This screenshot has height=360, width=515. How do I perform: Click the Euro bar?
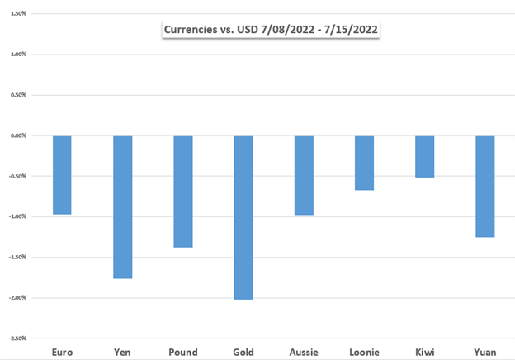62,175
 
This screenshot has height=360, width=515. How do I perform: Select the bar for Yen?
122,206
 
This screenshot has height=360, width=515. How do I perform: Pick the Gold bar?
243,217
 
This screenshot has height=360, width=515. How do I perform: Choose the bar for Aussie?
304,175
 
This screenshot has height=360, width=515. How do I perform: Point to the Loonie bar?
364,163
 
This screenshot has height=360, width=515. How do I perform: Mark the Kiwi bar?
424,156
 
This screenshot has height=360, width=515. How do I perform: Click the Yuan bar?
485,187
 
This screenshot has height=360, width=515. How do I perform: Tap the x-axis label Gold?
243,351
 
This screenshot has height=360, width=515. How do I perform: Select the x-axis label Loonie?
364,351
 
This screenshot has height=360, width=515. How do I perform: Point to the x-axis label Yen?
122,351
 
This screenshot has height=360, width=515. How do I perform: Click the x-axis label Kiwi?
424,351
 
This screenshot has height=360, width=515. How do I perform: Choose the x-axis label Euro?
62,351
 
